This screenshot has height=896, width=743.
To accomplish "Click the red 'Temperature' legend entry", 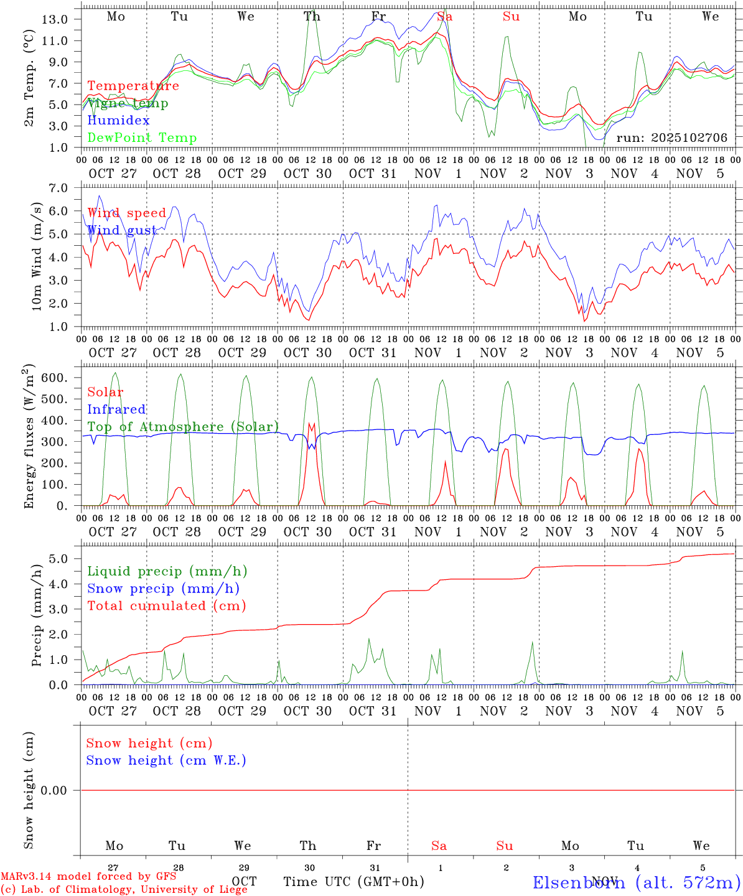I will click(x=133, y=86).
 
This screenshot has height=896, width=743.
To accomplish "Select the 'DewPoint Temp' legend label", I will click(x=142, y=138).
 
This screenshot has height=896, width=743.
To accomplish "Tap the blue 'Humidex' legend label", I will click(x=118, y=120).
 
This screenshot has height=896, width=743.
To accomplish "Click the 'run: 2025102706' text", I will click(x=671, y=138).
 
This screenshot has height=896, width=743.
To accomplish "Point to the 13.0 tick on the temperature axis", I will click(x=55, y=19).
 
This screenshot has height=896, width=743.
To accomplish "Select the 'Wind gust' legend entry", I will click(x=122, y=230).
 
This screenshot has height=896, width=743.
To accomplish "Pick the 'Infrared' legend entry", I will click(x=116, y=409).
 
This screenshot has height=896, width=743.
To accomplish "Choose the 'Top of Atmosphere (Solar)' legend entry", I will click(x=183, y=427).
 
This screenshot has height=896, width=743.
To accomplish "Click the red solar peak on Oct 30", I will click(x=311, y=424).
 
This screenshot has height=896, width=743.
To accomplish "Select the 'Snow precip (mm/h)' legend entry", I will click(x=163, y=588).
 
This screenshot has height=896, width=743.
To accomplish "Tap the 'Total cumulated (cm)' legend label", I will click(x=166, y=605).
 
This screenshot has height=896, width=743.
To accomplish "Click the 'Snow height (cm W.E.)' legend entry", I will click(x=166, y=760).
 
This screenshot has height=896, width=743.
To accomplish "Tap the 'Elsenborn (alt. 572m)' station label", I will click(x=636, y=882).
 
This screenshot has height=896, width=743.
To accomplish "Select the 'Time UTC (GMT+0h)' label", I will click(x=354, y=882).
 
